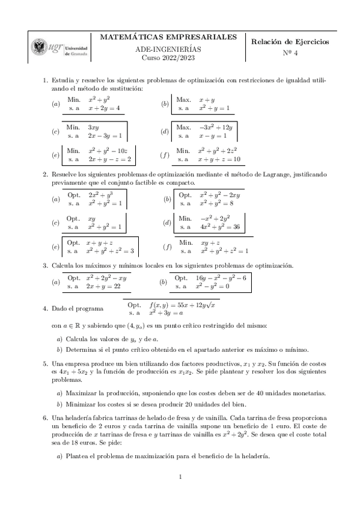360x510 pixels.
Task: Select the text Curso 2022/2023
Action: click(168, 58)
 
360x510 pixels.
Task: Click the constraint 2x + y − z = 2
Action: click(109, 159)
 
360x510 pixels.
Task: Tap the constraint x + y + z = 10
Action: click(219, 159)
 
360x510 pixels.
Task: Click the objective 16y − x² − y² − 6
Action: click(221, 278)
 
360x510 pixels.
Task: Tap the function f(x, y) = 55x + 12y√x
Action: click(183, 305)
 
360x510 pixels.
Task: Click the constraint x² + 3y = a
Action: click(165, 313)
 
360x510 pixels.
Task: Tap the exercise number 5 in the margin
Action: click(44, 364)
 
